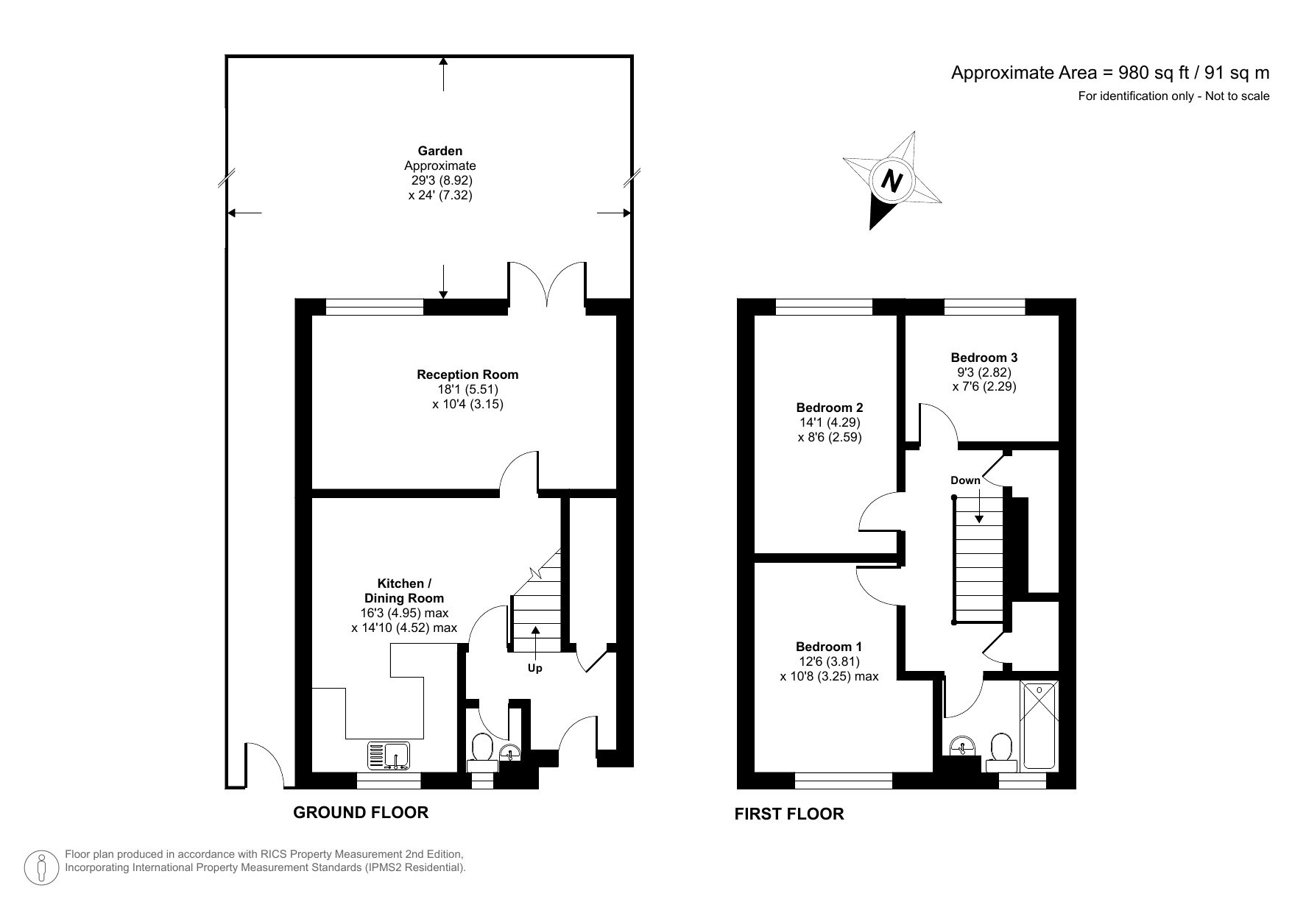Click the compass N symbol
[892, 180]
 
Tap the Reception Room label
[467, 374]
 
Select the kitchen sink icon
[389, 756]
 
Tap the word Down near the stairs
[965, 480]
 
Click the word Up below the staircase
[535, 669]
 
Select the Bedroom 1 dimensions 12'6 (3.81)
[827, 661]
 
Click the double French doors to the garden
[547, 285]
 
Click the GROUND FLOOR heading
[361, 812]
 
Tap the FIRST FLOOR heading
[789, 814]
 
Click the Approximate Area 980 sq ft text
[1110, 72]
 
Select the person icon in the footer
[43, 868]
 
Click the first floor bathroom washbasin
[963, 747]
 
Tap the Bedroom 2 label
[830, 408]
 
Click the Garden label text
[440, 152]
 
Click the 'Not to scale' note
[1237, 96]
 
